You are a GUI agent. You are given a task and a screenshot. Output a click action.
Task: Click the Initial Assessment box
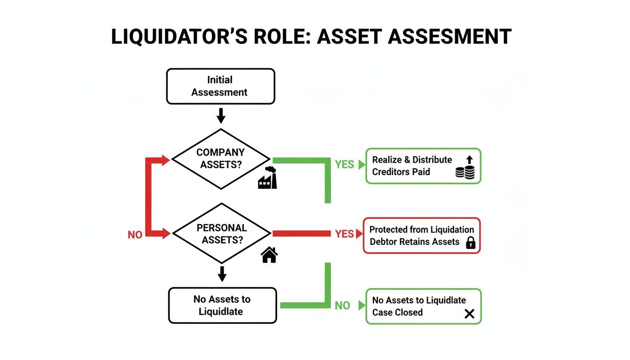pyautogui.click(x=220, y=86)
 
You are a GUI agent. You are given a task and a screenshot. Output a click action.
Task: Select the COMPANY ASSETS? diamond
pyautogui.click(x=221, y=159)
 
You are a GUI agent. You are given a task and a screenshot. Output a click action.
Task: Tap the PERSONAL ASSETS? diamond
pyautogui.click(x=222, y=233)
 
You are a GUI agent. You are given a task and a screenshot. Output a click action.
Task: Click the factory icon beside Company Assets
pyautogui.click(x=268, y=178)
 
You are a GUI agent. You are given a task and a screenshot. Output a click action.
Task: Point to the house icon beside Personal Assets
pyautogui.click(x=269, y=255)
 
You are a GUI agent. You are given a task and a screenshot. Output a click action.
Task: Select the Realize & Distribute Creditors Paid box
pyautogui.click(x=423, y=166)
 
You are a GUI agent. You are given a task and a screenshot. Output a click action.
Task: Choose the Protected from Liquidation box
pyautogui.click(x=421, y=236)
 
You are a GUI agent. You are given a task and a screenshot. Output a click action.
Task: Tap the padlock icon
pyautogui.click(x=470, y=242)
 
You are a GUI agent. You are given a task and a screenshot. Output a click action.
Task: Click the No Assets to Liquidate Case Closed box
pyautogui.click(x=423, y=307)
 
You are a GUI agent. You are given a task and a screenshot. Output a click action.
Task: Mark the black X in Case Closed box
pyautogui.click(x=469, y=314)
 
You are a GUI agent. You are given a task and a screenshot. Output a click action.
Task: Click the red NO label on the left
pyautogui.click(x=135, y=235)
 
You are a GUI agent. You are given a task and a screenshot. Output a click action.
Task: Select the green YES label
pyautogui.click(x=345, y=165)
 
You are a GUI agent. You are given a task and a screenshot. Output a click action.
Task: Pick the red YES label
pyautogui.click(x=345, y=234)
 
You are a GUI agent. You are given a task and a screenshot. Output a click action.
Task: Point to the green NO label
pyautogui.click(x=343, y=306)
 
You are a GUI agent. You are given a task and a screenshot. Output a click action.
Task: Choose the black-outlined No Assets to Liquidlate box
pyautogui.click(x=222, y=306)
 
